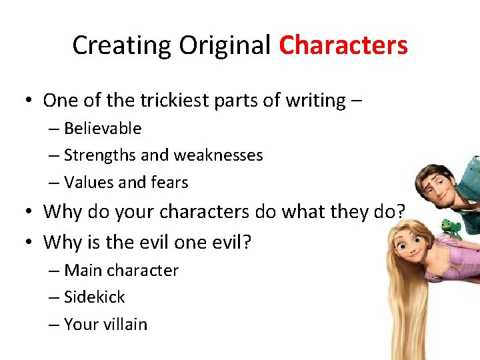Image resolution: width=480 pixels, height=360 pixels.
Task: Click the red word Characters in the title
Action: click(x=343, y=45)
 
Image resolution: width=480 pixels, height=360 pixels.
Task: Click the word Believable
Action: click(x=103, y=128)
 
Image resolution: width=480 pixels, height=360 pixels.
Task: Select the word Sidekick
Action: click(x=95, y=297)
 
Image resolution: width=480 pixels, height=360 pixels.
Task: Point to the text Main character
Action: click(x=121, y=270)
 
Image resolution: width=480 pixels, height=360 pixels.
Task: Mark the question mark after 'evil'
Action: click(x=247, y=241)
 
